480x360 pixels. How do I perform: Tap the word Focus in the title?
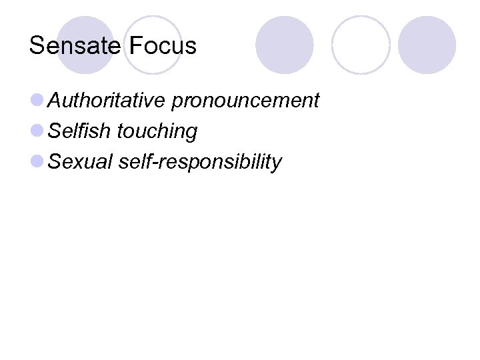[163, 46]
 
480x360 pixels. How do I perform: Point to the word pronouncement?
[245, 101]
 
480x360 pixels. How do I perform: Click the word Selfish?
[80, 131]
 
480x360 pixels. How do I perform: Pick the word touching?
[157, 132]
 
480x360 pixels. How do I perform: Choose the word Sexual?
[81, 161]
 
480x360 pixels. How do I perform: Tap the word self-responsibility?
[200, 162]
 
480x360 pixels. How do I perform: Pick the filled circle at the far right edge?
[427, 45]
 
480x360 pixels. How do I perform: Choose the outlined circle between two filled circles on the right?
[360, 45]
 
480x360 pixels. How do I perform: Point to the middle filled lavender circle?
[285, 45]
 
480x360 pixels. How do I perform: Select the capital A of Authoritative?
[56, 101]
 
